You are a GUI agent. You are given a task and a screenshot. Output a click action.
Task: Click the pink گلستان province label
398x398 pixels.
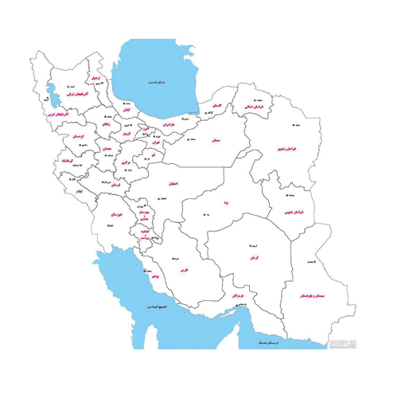point(213,106)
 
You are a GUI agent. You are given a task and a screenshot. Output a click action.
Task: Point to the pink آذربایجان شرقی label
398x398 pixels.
point(75,94)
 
